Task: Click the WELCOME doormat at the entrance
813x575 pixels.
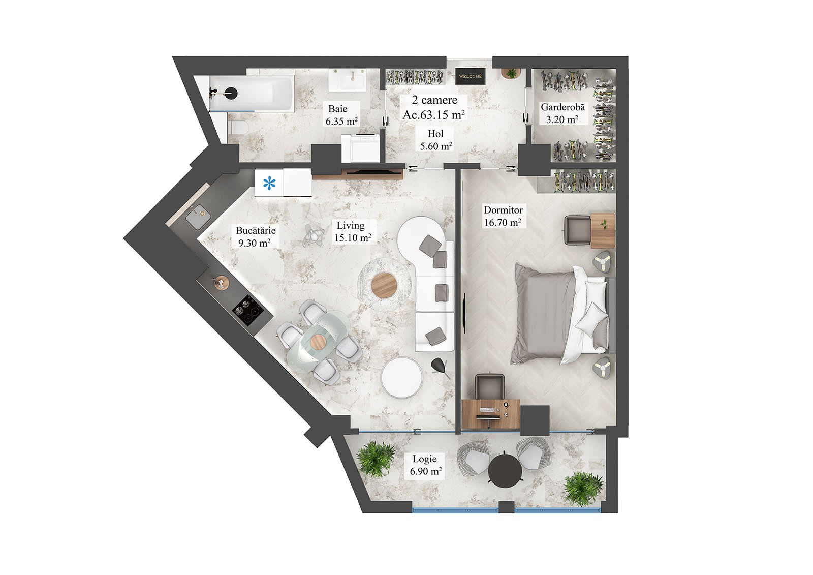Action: (x=470, y=76)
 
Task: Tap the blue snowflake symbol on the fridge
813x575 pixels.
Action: (x=269, y=184)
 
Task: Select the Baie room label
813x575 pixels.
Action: (x=338, y=109)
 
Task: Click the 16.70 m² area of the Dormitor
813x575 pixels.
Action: (x=502, y=223)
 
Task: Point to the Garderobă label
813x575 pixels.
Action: (x=562, y=107)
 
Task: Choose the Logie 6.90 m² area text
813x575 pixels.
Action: (x=425, y=472)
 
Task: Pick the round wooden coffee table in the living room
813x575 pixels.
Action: (x=384, y=285)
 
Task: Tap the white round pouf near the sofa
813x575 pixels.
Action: (x=401, y=377)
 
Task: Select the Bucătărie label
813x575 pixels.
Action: (x=256, y=231)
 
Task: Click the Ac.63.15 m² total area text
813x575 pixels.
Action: (x=434, y=115)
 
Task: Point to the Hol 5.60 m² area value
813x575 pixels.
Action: (x=436, y=146)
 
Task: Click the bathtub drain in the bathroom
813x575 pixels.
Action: (x=231, y=93)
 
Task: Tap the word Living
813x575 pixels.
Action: (x=350, y=225)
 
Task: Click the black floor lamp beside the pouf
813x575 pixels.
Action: (x=439, y=365)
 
